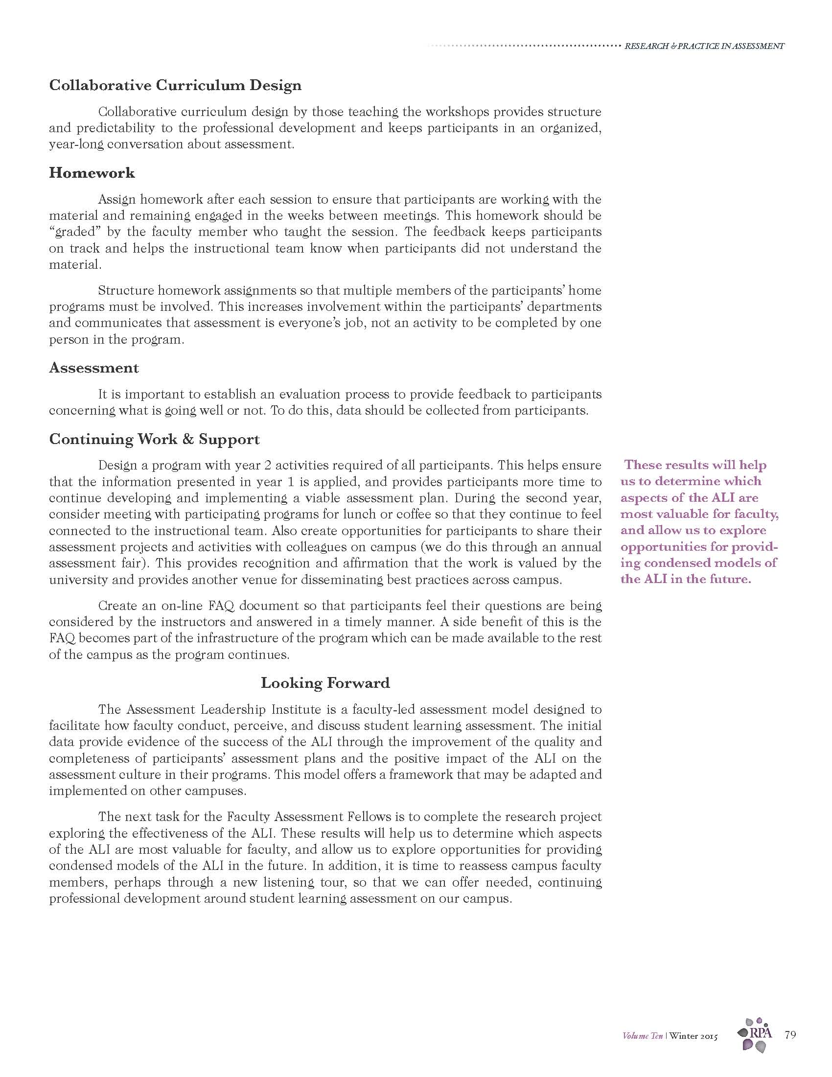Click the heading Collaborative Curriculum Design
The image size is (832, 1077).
click(x=175, y=85)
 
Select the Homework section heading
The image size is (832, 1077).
click(x=92, y=173)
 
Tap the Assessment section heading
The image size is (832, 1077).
click(x=93, y=368)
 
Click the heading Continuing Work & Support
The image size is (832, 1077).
click(x=154, y=439)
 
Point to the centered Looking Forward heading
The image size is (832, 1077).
click(x=325, y=683)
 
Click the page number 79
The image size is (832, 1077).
click(x=789, y=1034)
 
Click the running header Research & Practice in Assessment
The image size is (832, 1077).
click(x=704, y=47)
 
